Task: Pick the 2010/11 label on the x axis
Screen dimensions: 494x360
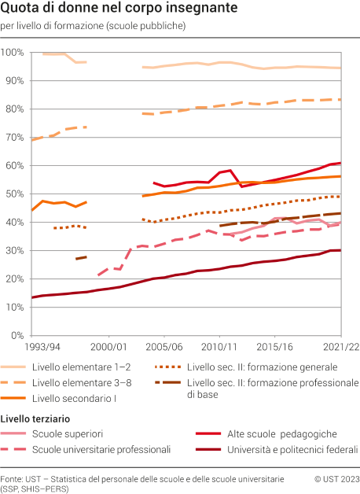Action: pos(220,346)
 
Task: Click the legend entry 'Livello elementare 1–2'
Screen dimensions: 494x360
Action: pos(82,367)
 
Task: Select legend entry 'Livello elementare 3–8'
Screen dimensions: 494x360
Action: pos(82,382)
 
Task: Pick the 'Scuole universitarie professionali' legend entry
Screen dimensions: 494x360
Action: pos(101,449)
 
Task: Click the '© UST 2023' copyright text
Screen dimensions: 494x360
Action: pos(336,478)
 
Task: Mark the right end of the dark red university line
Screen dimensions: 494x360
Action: pos(340,250)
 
